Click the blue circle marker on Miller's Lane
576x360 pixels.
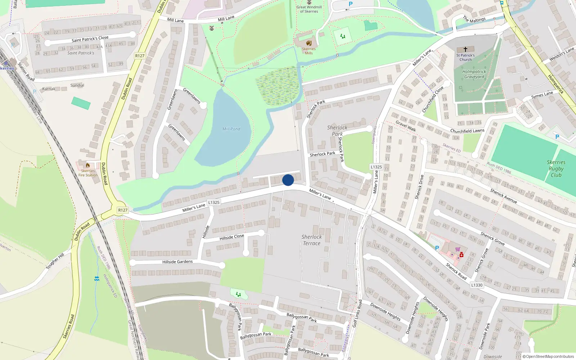tap(288, 180)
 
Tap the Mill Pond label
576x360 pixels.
tap(231, 129)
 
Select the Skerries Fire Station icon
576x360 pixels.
tap(88, 165)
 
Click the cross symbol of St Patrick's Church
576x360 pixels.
tap(465, 49)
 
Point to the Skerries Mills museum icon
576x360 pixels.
tap(309, 43)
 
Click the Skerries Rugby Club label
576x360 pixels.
tap(556, 168)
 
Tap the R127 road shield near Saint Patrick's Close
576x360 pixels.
tap(140, 56)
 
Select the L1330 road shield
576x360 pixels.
tap(477, 285)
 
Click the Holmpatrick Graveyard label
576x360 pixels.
tap(474, 74)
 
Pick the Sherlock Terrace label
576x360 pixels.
tap(311, 240)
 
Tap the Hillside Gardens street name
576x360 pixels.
tap(177, 262)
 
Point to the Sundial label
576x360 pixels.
tap(77, 85)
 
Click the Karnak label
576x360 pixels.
tap(49, 89)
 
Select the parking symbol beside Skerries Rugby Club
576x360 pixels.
tap(557, 137)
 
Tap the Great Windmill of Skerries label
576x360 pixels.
tap(309, 9)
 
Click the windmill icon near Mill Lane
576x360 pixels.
tap(212, 28)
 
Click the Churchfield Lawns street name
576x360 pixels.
tap(467, 131)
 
